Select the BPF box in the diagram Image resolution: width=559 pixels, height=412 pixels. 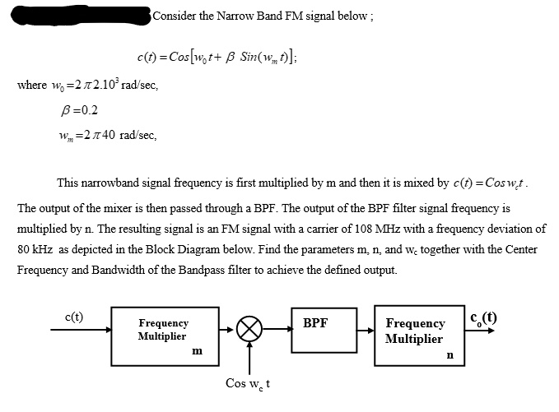324,336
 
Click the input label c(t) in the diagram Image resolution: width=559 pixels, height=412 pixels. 73,317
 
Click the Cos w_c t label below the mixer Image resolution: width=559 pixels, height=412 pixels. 249,384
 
